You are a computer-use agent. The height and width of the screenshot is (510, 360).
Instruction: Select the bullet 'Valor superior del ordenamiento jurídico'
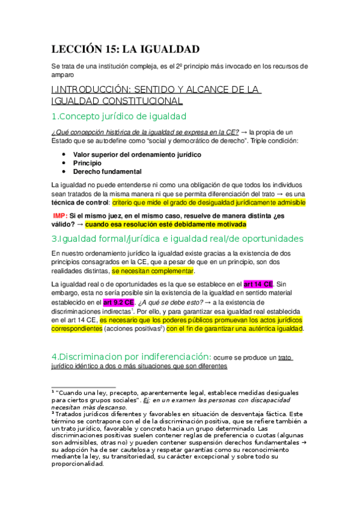pyautogui.click(x=137, y=155)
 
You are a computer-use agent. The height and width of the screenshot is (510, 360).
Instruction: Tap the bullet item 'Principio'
pyautogui.click(x=88, y=163)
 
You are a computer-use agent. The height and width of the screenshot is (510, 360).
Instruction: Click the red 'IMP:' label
pyautogui.click(x=60, y=215)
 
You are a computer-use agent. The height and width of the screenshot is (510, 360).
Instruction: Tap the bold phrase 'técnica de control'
pyautogui.click(x=81, y=203)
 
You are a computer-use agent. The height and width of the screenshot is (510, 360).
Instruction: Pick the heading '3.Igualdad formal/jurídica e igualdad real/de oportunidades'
pyautogui.click(x=177, y=239)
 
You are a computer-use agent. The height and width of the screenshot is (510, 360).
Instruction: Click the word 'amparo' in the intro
pyautogui.click(x=63, y=75)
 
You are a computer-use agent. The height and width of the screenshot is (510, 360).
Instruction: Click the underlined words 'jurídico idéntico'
pyautogui.click(x=78, y=366)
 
